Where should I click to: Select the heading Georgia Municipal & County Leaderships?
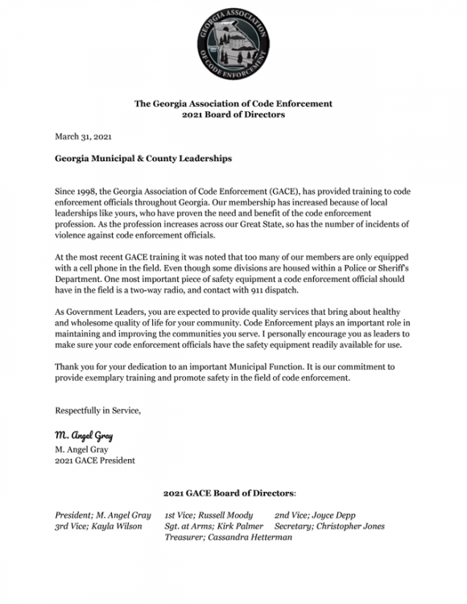143,159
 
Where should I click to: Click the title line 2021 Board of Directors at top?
233,114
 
